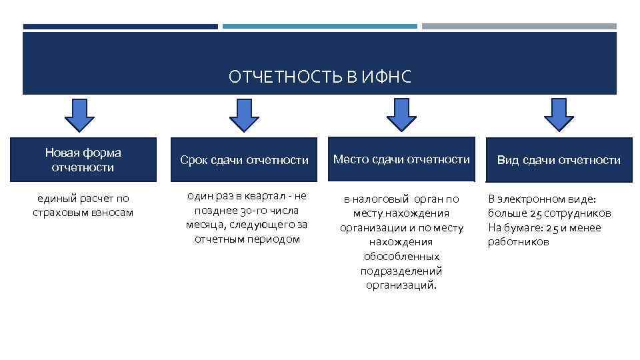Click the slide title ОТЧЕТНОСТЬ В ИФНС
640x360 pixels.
[x=320, y=78]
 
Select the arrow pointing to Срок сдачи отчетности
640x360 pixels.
[x=245, y=115]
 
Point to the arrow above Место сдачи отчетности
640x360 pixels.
[x=401, y=115]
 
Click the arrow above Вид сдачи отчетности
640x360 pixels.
[x=559, y=115]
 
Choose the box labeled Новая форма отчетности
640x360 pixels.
[x=83, y=160]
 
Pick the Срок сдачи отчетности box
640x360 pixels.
[x=245, y=160]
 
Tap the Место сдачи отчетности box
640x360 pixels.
[x=401, y=160]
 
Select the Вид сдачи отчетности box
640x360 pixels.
[x=559, y=160]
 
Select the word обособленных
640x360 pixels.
[x=401, y=257]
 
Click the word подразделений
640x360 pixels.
[x=401, y=271]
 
